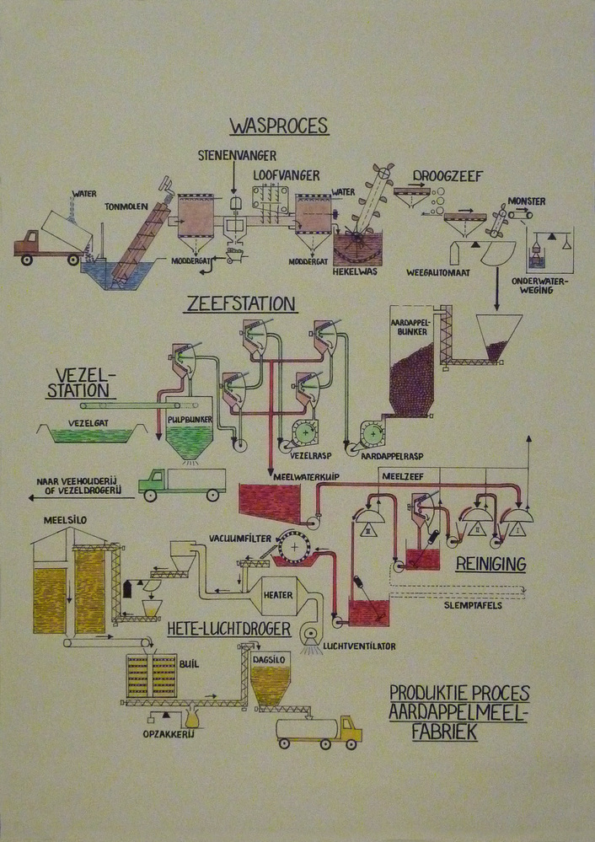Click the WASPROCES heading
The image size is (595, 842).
(x=278, y=127)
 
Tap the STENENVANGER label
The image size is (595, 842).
(x=237, y=156)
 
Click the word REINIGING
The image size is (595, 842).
(x=490, y=562)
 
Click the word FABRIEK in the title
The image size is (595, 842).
(x=444, y=732)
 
